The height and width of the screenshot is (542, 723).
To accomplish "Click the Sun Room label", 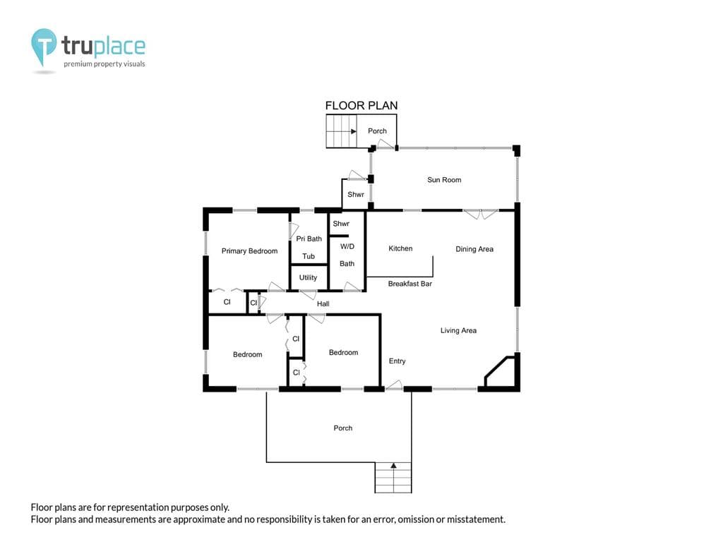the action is (444, 180).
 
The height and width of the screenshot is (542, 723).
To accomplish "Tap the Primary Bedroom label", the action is (249, 251).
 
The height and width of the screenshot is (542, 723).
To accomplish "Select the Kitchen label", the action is (400, 248).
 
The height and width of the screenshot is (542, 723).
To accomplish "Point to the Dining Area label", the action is (474, 249).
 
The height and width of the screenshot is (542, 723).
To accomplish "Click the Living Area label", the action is (458, 330).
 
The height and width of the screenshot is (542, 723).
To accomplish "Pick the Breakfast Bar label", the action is (410, 284).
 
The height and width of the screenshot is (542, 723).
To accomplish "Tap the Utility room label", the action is (308, 277).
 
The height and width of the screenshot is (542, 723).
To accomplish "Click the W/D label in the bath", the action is (347, 246).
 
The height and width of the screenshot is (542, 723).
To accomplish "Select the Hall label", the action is (323, 303).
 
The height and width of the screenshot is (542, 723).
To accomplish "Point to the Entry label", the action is (397, 361).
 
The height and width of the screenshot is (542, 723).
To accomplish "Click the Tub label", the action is (309, 256).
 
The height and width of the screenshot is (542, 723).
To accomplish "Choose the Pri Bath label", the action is (309, 239).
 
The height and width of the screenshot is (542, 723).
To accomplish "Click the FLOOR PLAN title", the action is (361, 106).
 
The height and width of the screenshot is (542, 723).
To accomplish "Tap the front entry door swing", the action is (394, 385).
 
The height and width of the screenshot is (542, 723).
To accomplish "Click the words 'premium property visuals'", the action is (104, 64).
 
